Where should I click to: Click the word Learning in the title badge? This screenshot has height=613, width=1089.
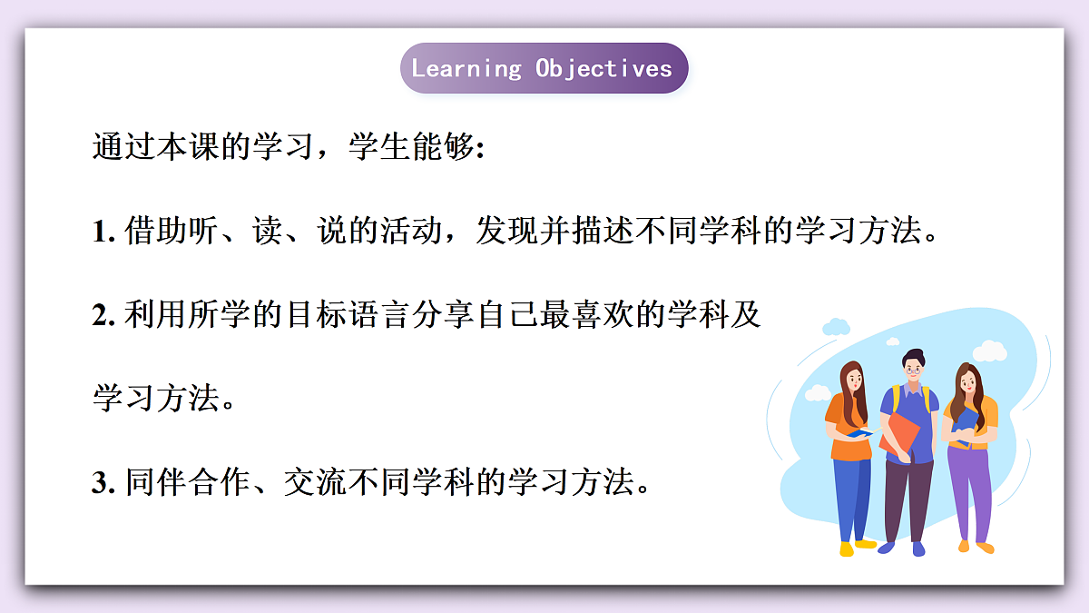(466, 68)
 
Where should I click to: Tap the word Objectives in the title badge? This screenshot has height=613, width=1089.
(603, 68)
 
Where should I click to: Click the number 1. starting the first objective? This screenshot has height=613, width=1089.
(103, 232)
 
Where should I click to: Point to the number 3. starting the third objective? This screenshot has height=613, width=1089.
(103, 482)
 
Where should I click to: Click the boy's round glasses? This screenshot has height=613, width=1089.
(913, 369)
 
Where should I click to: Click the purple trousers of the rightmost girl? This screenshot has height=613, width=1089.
(970, 490)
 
